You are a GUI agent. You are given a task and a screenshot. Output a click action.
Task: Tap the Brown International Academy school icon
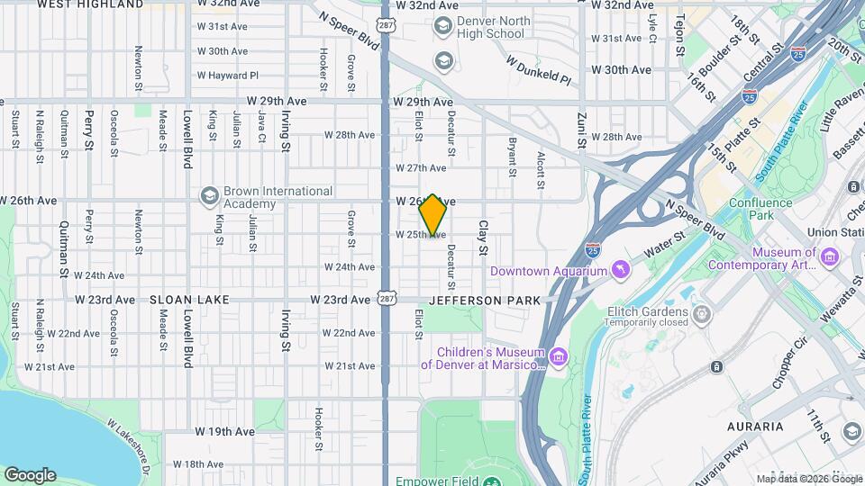pyautogui.click(x=210, y=196)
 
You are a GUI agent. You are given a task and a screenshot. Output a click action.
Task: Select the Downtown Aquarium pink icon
pyautogui.click(x=620, y=271)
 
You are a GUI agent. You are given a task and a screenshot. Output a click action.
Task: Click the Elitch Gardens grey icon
pyautogui.click(x=702, y=312)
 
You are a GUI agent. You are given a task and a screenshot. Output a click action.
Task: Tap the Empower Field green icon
pyautogui.click(x=491, y=481)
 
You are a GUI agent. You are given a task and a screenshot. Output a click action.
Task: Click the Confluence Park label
pyautogui.click(x=761, y=209)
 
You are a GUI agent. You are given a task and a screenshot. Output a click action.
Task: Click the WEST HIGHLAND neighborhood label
pyautogui.click(x=91, y=4)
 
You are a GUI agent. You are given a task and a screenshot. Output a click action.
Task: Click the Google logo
pyautogui.click(x=31, y=474)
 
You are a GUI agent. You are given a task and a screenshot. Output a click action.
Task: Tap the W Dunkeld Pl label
pyautogui.click(x=539, y=73)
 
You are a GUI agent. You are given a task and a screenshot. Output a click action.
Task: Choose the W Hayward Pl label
pyautogui.click(x=230, y=76)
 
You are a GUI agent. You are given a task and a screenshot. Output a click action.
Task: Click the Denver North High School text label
pyautogui.click(x=490, y=27)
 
